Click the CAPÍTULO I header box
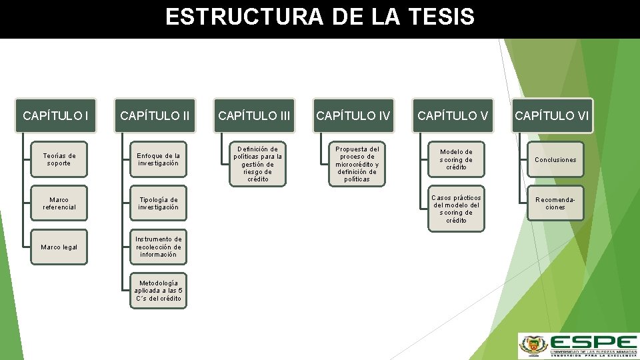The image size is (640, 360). click(x=56, y=116)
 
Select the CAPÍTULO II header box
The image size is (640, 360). click(x=155, y=116)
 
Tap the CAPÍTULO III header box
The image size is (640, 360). click(x=254, y=116)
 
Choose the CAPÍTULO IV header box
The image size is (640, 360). click(x=353, y=116)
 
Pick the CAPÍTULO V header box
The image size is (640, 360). click(x=453, y=116)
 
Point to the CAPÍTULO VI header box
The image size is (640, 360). click(x=552, y=116)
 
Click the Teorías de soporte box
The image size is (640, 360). click(x=59, y=159)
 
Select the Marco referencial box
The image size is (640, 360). click(x=59, y=203)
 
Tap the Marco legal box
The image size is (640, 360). click(x=59, y=247)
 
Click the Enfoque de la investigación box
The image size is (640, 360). click(x=158, y=159)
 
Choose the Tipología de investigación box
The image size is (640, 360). click(x=158, y=203)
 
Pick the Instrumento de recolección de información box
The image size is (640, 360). click(x=158, y=247)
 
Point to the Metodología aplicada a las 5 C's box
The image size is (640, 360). click(x=158, y=291)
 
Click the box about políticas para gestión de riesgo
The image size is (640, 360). click(x=257, y=164)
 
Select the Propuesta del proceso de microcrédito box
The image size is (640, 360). click(x=357, y=164)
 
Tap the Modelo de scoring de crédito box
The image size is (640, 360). click(x=456, y=159)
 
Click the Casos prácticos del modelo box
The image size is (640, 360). click(x=456, y=209)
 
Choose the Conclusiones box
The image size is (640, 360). click(x=555, y=159)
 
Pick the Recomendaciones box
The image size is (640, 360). click(x=555, y=203)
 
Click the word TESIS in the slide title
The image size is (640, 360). click(x=438, y=17)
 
